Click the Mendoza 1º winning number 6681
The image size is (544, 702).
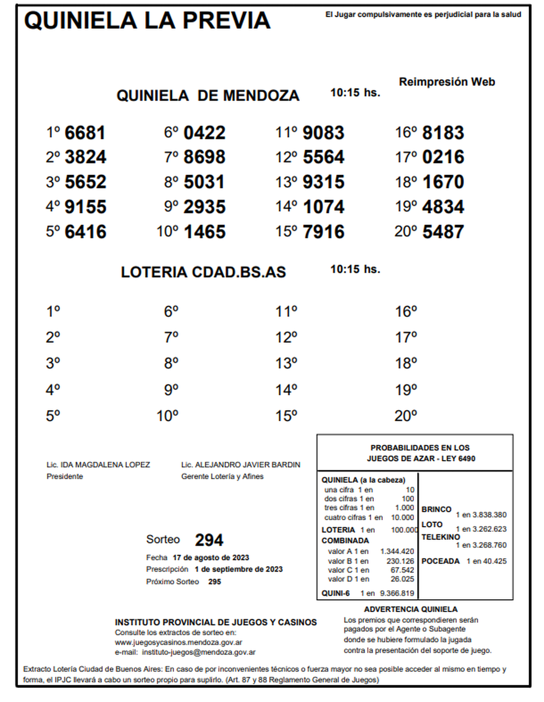[85, 133]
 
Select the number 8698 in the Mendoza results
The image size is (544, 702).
[204, 157]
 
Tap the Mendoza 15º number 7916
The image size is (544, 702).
[324, 232]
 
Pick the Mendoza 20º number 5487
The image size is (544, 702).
[443, 232]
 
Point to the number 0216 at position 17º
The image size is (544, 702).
[443, 157]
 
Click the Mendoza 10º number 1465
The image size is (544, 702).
[204, 232]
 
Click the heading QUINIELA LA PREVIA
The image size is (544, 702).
[147, 21]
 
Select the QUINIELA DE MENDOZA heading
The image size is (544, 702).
[208, 96]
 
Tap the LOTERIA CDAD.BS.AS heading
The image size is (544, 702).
[203, 272]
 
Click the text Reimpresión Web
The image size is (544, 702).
[447, 82]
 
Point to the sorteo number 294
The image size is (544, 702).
[209, 540]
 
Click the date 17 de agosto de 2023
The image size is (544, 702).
[211, 557]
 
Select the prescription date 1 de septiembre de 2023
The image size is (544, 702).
[238, 569]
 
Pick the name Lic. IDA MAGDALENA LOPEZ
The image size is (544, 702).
[98, 465]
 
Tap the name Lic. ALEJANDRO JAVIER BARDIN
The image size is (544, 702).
[240, 465]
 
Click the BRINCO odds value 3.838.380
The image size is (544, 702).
[489, 515]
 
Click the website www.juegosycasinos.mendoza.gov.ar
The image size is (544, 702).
[178, 642]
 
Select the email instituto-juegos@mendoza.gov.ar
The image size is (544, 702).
[199, 652]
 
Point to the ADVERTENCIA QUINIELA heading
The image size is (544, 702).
[410, 609]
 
